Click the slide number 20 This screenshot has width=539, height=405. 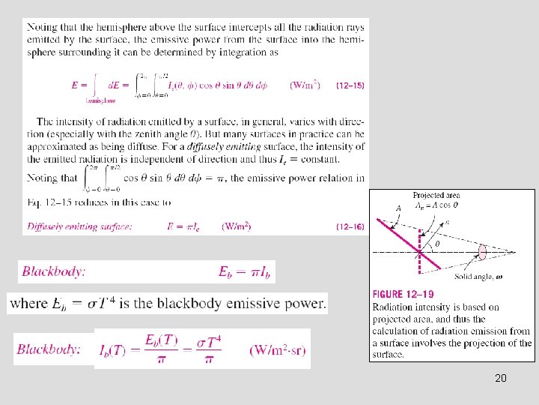(x=501, y=378)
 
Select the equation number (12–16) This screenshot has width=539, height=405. (x=350, y=226)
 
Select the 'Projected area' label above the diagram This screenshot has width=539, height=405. (x=436, y=195)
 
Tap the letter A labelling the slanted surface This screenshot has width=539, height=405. (x=398, y=209)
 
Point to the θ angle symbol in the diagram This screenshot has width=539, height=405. (x=437, y=242)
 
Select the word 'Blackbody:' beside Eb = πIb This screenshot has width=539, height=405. (x=53, y=271)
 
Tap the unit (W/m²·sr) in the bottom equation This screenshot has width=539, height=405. (x=278, y=350)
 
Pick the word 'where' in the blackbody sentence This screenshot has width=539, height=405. (x=29, y=303)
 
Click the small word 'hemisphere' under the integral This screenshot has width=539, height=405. (x=100, y=99)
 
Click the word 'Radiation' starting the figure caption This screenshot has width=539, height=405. (x=394, y=307)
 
